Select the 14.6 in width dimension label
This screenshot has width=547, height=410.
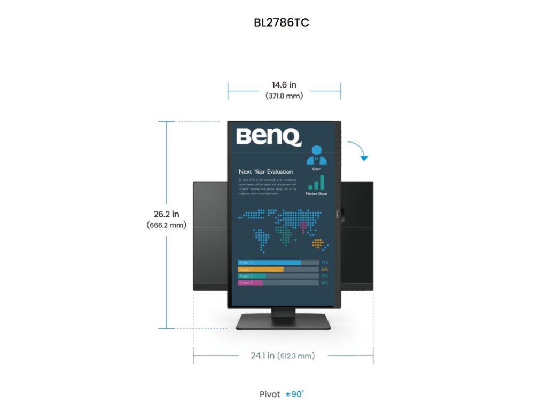284,85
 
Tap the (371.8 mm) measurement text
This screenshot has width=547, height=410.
284,96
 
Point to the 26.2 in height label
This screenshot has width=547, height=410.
166,214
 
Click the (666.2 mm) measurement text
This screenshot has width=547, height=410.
166,225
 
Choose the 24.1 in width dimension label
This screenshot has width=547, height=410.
263,355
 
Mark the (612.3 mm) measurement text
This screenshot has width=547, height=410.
296,356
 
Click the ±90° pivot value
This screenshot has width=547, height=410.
294,394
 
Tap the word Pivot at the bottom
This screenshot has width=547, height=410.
270,395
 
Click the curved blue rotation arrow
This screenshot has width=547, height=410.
360,150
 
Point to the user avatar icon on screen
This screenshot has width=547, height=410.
316,155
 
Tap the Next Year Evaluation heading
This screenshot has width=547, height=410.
265,172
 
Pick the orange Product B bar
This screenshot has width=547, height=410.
261,270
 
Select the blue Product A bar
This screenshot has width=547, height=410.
269,263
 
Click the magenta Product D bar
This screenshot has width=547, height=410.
250,283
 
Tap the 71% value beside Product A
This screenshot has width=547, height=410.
324,263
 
